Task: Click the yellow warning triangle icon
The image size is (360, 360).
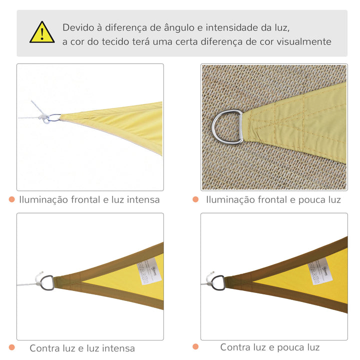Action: [42, 32]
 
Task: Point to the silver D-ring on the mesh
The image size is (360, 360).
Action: [226, 127]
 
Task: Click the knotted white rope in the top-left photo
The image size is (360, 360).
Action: [42, 115]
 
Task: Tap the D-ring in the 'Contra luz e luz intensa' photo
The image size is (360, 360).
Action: [47, 283]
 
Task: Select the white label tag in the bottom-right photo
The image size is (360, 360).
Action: [321, 270]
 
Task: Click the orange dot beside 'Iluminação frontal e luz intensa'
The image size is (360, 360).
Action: [11, 199]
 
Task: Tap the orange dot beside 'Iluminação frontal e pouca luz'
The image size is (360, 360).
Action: [195, 199]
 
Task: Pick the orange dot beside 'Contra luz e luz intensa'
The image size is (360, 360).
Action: [11, 347]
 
